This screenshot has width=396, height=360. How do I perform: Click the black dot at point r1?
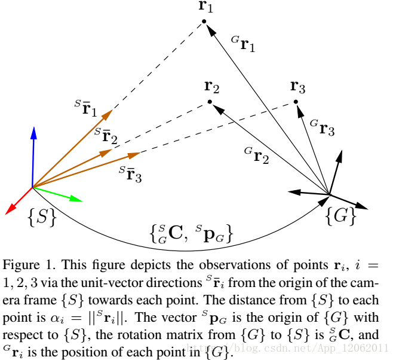point(204,22)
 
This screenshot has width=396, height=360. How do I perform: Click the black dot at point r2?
point(210,102)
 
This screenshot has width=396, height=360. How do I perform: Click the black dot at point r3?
point(296,102)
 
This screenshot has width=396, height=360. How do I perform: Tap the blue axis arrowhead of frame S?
point(34,131)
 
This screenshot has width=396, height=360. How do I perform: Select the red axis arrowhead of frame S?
point(9,210)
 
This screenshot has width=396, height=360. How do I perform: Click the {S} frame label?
point(41,218)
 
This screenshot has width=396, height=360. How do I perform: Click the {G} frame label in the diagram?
point(340,216)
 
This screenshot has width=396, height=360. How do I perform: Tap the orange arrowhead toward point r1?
point(109,113)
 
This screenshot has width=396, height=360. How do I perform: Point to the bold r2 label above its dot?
point(212,87)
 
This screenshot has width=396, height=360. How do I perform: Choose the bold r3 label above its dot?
point(298,87)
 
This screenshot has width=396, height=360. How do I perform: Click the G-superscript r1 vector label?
point(243,44)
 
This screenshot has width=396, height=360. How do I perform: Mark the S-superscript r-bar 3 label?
point(131,174)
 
